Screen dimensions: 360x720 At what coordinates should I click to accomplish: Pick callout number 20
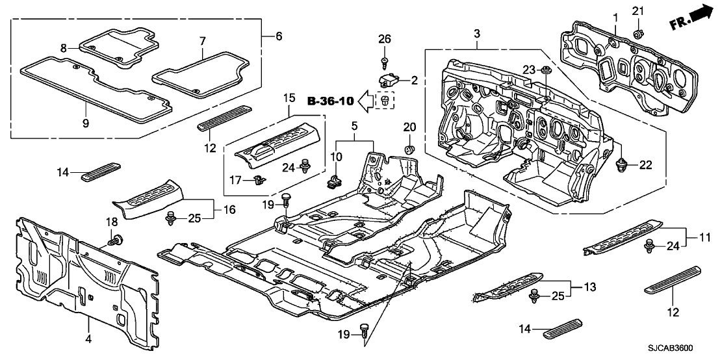tap(409, 127)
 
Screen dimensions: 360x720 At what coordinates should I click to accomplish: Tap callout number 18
tap(110, 223)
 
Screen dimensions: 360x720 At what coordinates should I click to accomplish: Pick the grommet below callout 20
tap(409, 149)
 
